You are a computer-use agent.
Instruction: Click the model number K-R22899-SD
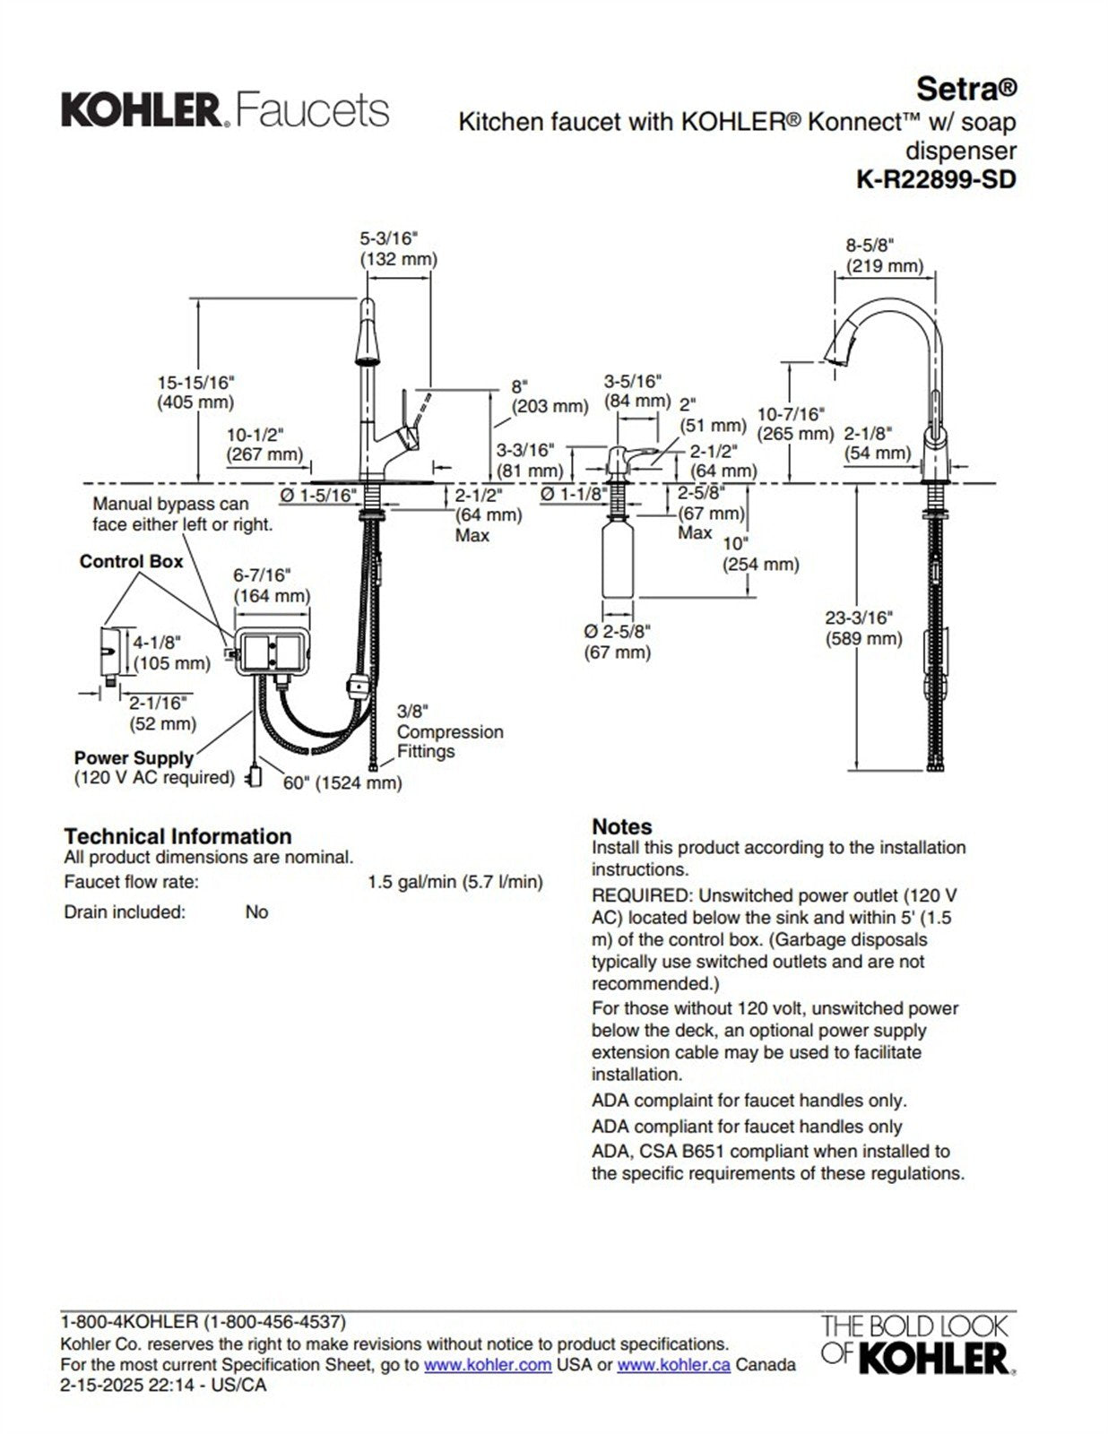click(x=936, y=179)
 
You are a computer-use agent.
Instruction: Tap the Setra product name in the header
click(x=965, y=89)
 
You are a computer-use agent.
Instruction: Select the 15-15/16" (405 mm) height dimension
click(x=195, y=393)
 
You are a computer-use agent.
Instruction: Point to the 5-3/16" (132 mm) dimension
click(x=398, y=249)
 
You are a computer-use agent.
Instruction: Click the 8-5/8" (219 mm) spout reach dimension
click(x=884, y=255)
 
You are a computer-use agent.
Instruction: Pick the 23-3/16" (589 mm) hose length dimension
click(x=862, y=628)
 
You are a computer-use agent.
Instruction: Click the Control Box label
click(x=131, y=562)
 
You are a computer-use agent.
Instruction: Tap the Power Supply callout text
click(x=134, y=758)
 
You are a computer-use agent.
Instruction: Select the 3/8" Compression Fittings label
click(x=449, y=731)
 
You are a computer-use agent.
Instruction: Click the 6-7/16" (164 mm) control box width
click(x=272, y=585)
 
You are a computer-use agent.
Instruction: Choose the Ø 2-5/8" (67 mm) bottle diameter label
click(x=617, y=642)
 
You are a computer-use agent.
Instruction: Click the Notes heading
click(x=621, y=826)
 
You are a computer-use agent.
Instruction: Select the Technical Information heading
click(x=177, y=836)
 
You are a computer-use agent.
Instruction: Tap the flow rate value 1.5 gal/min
click(x=454, y=882)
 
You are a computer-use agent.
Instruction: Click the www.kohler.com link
click(x=487, y=1365)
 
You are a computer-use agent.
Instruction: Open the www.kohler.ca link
click(x=673, y=1365)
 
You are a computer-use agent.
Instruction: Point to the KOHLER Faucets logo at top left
click(x=225, y=110)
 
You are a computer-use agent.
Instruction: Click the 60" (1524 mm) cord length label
click(x=342, y=782)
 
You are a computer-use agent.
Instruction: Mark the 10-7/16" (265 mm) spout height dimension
click(x=795, y=424)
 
